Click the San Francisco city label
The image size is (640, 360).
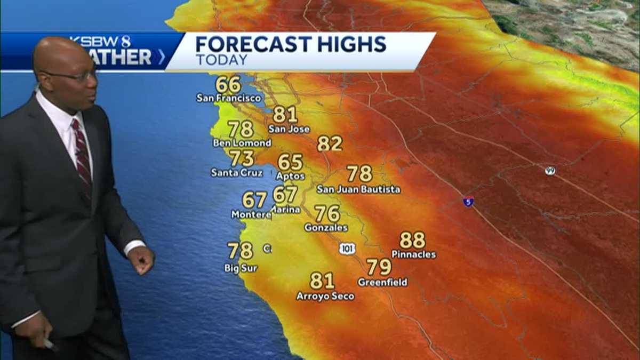229,98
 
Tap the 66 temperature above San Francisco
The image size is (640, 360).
228,85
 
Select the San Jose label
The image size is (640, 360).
289,129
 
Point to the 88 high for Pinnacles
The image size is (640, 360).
412,240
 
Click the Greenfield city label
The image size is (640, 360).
382,282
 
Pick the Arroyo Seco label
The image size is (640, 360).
325,296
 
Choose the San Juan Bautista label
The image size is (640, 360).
358,189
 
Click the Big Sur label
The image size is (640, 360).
241,268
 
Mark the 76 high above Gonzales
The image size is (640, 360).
327,214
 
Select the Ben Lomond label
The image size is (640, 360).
242,143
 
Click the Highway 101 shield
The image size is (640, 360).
347,249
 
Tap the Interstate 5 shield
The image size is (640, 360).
468,202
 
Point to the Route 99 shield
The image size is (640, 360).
550,171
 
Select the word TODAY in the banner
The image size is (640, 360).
221,60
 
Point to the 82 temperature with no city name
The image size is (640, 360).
330,143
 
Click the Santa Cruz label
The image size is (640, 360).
237,172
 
